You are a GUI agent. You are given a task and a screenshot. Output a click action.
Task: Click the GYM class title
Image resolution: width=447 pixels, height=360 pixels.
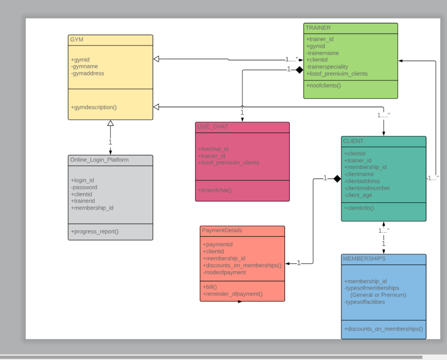click(77, 40)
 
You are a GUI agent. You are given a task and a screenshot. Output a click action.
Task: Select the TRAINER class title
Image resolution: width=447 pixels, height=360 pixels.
click(318, 28)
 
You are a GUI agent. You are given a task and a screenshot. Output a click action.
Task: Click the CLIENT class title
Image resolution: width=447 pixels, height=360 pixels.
click(353, 141)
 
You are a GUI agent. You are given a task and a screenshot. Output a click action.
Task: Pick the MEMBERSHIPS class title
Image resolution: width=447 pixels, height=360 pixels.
click(364, 259)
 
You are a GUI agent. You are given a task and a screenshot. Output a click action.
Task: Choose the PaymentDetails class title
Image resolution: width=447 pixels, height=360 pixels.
click(222, 230)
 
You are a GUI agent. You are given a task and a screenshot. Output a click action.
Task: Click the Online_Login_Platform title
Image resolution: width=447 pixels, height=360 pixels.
click(100, 160)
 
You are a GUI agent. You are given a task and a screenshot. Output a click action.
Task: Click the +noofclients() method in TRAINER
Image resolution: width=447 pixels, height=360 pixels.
click(323, 85)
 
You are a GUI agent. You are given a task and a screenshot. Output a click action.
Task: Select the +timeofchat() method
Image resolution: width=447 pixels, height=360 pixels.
click(215, 190)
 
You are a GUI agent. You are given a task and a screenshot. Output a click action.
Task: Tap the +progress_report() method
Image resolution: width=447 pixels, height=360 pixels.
click(95, 232)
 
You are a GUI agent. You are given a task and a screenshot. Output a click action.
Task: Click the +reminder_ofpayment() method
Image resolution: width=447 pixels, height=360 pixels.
click(233, 294)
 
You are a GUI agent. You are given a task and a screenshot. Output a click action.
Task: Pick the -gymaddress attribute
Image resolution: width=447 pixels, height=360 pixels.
click(87, 73)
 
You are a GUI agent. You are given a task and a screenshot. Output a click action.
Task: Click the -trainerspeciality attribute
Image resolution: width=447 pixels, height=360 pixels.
click(327, 67)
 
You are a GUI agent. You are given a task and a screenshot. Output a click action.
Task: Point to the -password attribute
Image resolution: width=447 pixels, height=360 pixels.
click(84, 187)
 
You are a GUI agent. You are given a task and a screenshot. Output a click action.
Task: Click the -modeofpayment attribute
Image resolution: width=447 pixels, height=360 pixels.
click(224, 272)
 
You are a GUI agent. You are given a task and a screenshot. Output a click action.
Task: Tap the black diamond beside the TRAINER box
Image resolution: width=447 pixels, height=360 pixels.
click(299, 69)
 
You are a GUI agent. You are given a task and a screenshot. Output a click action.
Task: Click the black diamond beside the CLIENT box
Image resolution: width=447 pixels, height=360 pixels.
click(337, 178)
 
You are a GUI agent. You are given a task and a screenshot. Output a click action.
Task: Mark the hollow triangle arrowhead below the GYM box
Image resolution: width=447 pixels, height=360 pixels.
click(110, 123)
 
